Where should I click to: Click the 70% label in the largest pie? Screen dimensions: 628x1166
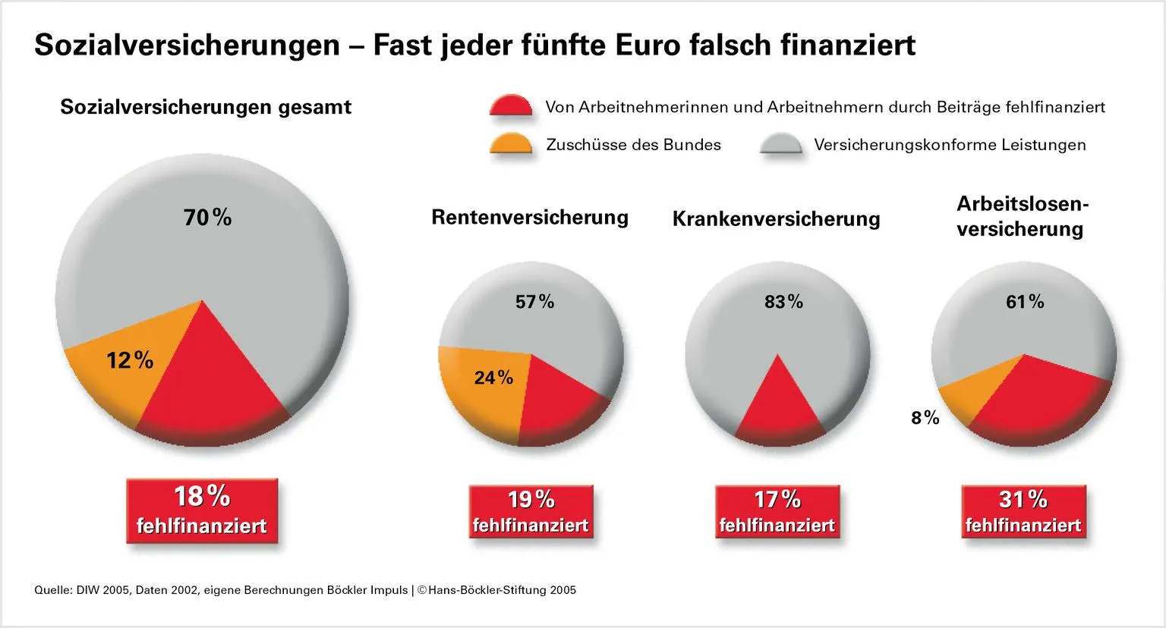click(207, 218)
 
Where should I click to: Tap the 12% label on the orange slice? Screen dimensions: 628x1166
click(130, 360)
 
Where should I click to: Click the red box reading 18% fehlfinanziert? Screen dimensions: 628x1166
click(202, 510)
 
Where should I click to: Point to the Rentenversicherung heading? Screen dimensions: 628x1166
click(530, 218)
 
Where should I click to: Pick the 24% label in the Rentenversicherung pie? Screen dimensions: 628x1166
click(493, 378)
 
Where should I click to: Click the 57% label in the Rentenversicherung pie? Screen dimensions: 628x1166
click(534, 302)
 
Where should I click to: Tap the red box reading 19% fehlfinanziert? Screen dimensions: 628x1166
click(531, 512)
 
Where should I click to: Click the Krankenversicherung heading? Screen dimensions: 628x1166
click(776, 219)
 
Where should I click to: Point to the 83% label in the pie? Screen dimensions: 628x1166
click(783, 302)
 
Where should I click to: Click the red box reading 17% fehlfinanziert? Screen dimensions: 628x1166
click(777, 512)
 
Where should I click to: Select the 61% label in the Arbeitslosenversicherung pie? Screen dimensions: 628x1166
click(1025, 302)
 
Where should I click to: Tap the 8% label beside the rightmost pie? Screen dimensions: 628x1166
click(925, 418)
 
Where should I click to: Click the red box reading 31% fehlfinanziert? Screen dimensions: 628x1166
click(1023, 512)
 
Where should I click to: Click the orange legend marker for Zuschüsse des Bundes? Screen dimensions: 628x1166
click(511, 144)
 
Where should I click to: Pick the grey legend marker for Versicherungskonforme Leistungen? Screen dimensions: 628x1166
click(780, 144)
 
